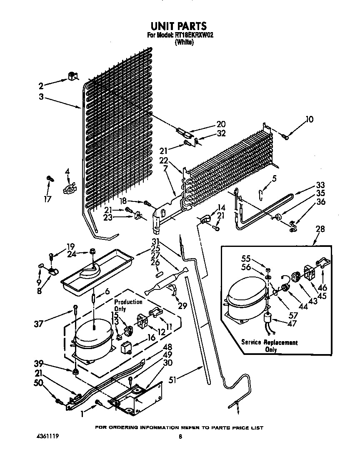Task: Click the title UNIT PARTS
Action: (x=180, y=26)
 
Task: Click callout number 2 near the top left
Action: (x=41, y=86)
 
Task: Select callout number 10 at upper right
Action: (x=309, y=120)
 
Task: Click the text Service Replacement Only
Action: (x=270, y=346)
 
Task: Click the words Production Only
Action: (x=128, y=305)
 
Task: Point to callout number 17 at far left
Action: (x=48, y=199)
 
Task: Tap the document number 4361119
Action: (x=47, y=437)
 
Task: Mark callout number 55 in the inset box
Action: (x=247, y=259)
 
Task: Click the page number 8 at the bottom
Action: (x=180, y=437)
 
